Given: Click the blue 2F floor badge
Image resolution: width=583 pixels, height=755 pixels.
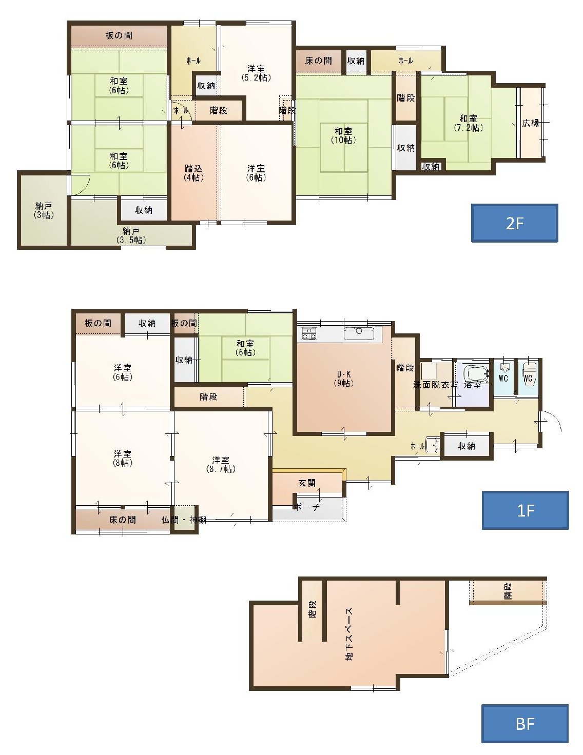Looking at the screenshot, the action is (x=514, y=223).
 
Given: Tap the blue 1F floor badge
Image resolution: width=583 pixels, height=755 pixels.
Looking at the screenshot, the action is (x=525, y=510).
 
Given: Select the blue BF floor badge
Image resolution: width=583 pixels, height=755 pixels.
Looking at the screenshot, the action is (x=524, y=724).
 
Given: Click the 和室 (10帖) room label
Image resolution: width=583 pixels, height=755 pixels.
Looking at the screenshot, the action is (x=343, y=135).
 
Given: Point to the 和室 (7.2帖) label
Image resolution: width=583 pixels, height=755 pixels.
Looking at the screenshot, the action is (x=468, y=123).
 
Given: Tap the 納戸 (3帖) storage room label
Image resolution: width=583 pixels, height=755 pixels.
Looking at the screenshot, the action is (x=44, y=211).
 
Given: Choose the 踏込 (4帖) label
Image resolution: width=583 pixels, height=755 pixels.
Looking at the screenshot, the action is (x=193, y=173).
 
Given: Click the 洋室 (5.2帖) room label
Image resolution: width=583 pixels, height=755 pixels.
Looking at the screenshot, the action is (x=256, y=73).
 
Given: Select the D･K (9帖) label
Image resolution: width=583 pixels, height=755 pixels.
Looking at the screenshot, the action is (x=343, y=379).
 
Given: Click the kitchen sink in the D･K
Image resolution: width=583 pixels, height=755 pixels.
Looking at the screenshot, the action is (x=359, y=333).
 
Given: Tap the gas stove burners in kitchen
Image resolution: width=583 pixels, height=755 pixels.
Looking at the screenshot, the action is (x=309, y=333).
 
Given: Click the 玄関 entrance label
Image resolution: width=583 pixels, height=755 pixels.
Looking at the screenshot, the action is (x=306, y=483).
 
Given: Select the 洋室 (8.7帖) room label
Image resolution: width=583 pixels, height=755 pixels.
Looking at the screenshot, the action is (x=220, y=465).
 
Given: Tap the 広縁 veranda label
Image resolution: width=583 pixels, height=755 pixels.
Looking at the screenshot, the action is (x=531, y=123).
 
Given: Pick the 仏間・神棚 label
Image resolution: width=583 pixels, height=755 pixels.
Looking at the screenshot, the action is (x=184, y=520).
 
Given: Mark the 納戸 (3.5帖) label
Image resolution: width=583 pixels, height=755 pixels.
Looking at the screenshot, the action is (x=131, y=235).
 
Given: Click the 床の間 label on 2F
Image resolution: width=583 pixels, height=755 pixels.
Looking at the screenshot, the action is (x=318, y=61).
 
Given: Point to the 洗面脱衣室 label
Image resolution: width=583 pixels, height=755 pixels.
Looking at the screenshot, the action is (x=436, y=385).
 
